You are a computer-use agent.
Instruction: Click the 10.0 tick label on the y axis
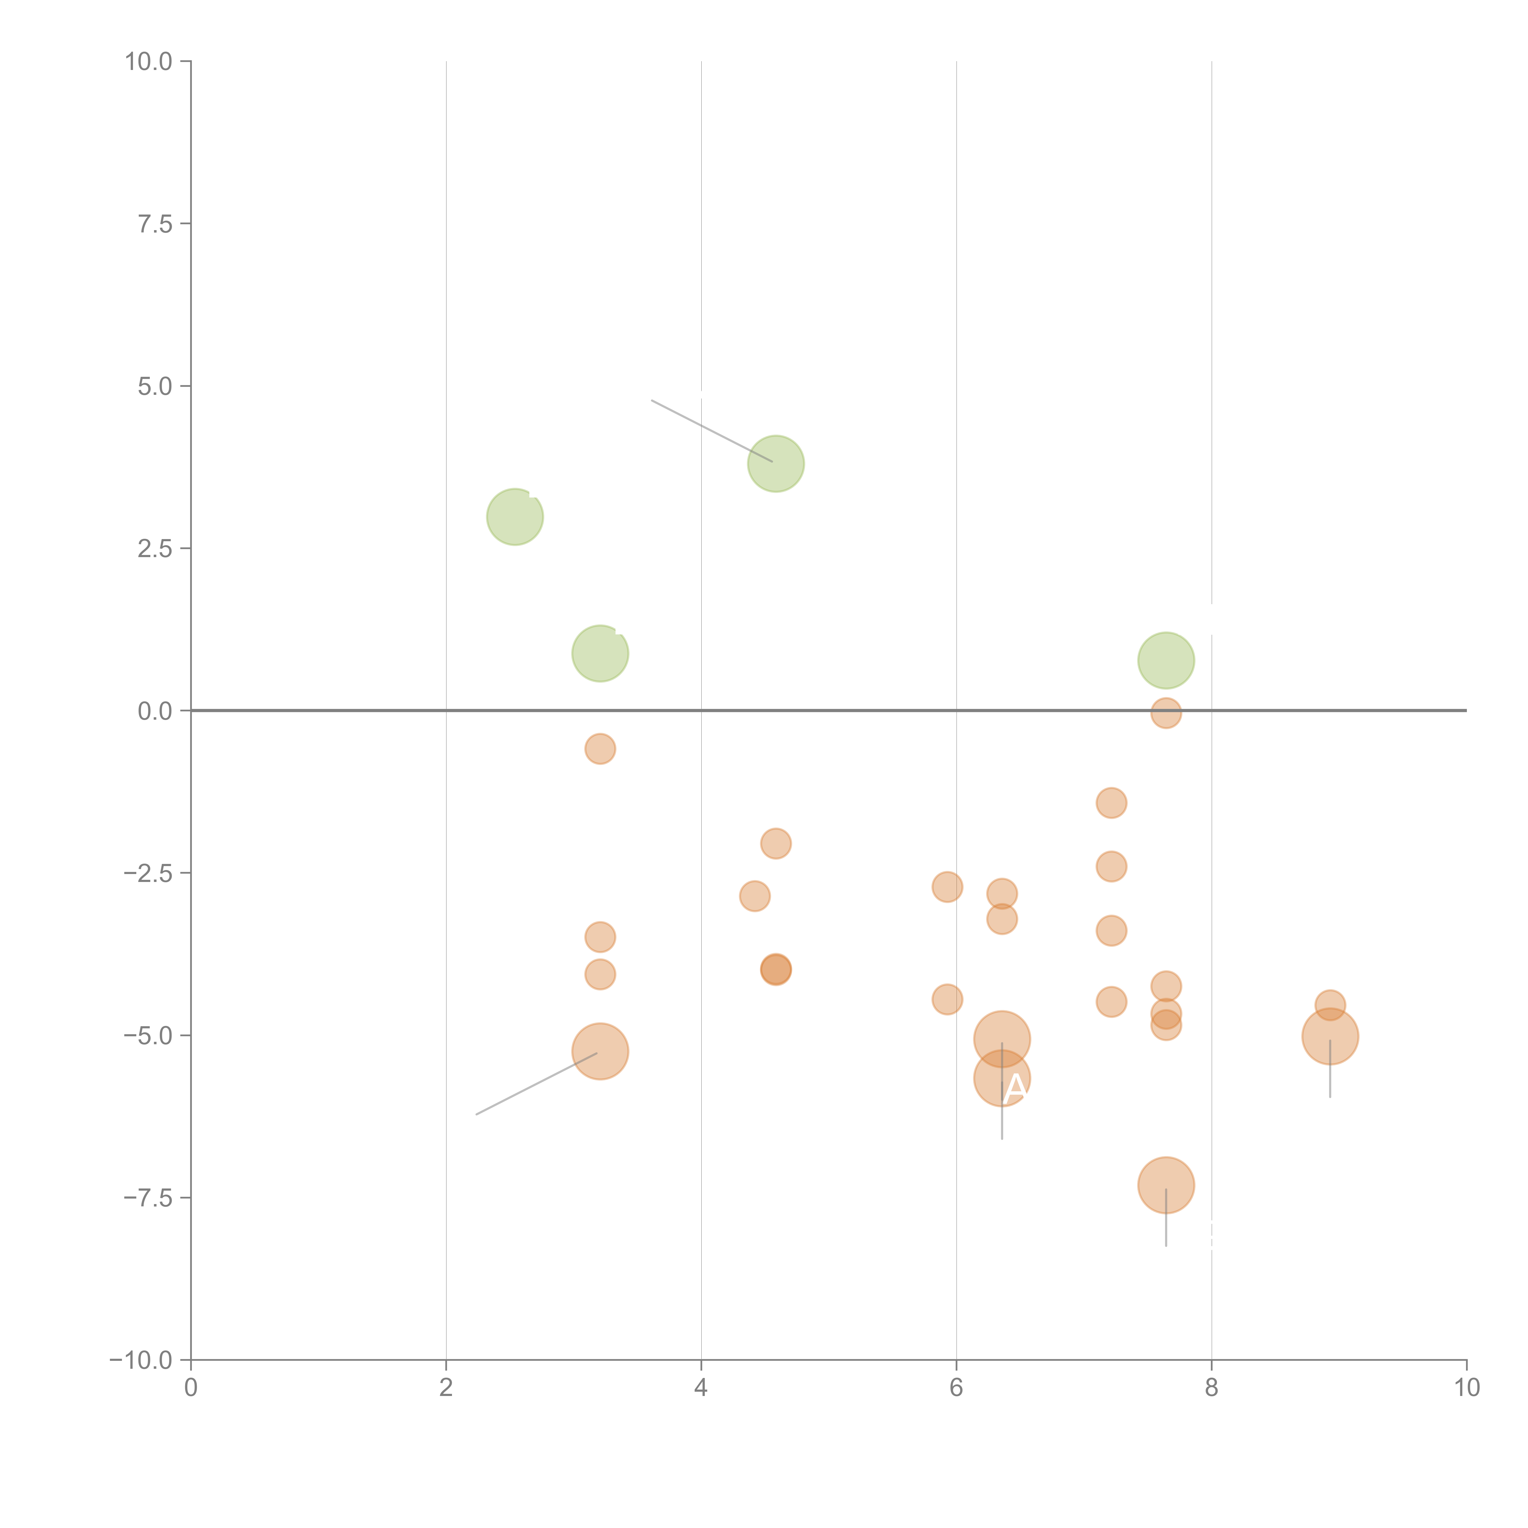(149, 62)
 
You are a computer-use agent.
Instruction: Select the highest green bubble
(776, 464)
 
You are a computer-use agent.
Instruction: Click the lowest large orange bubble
(1166, 1185)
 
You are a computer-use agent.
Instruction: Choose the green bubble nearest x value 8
(1166, 660)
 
